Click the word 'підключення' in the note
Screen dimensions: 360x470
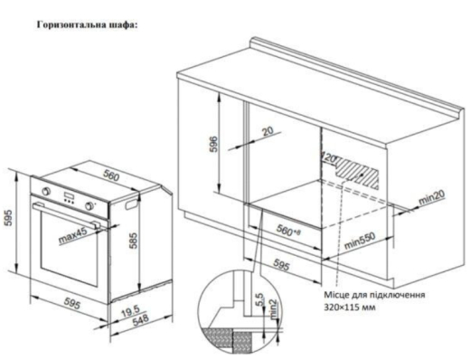click(390, 295)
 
